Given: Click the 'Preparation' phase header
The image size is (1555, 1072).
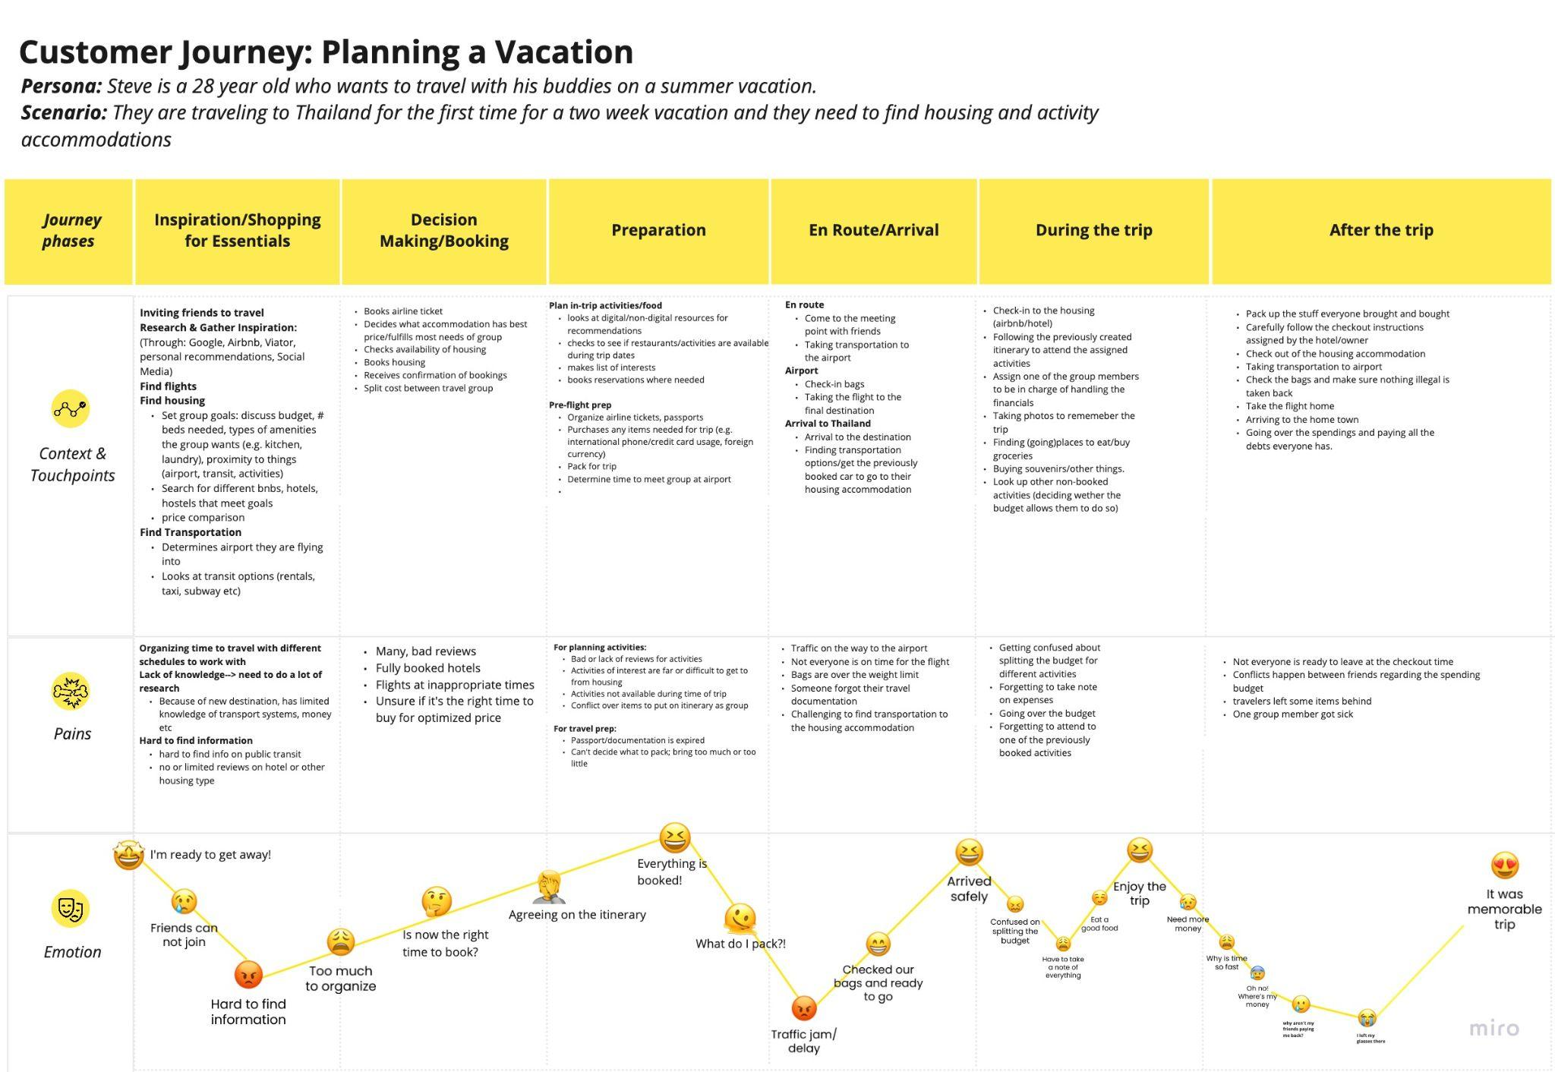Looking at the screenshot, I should coord(658,230).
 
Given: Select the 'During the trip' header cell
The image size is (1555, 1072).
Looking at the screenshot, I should coord(1093,230).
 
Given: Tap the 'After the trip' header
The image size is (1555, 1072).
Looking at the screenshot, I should coord(1380,230).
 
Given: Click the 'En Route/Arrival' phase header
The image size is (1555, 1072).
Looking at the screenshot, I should coord(873,230).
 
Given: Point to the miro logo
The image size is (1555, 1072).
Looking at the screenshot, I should coord(1493,1029).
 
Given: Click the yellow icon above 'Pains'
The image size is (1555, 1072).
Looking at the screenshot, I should coord(71,692).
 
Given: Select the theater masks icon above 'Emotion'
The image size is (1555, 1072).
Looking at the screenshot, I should coord(71,909).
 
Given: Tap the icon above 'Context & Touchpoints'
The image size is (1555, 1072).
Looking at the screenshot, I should coord(71,409).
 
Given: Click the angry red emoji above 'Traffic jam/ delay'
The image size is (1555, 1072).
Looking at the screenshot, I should coord(803,1008).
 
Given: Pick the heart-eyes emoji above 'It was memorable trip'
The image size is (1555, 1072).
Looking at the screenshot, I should coord(1504,865).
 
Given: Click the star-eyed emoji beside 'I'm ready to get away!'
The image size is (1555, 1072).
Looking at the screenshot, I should coord(129,856).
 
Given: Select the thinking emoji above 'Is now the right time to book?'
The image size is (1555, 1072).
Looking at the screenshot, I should coord(437,902).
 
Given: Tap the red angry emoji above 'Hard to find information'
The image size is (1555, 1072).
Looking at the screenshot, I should coord(248,975).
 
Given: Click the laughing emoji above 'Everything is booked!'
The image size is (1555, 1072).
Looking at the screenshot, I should coord(674,838).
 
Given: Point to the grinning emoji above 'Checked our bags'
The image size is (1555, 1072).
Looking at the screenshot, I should coord(877,944).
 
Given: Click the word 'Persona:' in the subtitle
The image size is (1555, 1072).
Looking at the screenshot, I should coord(61,87).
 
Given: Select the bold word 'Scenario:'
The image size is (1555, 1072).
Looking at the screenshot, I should coord(64,113).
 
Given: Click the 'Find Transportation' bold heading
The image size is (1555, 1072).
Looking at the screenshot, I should coord(191,532).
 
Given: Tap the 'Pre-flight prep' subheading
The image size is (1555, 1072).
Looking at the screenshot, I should coord(580,405).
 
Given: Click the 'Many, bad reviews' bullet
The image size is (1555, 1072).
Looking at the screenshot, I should coord(425,651).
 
